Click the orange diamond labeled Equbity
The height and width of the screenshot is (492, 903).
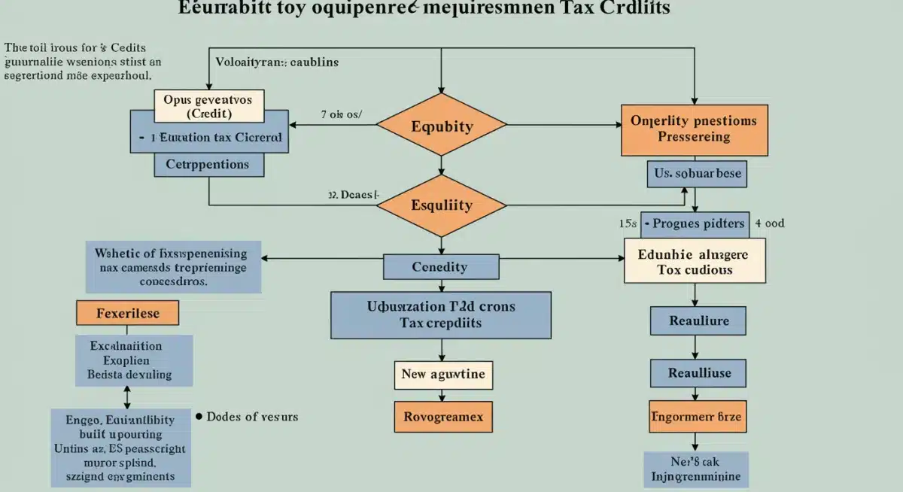coord(442,126)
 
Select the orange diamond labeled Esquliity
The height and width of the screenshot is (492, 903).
coord(442,205)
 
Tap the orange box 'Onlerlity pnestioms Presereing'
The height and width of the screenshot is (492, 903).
coord(694,129)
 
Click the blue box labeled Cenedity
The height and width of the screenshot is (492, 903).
coord(440,266)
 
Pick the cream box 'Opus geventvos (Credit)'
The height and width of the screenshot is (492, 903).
coord(208,106)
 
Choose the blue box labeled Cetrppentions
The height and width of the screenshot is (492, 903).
coord(208,164)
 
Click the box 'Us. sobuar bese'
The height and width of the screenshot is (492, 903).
coord(697,173)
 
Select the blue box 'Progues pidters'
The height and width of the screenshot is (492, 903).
coord(695,223)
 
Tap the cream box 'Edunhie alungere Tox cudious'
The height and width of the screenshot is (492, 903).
coord(694,261)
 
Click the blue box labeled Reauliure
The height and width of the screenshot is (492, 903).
coord(699,321)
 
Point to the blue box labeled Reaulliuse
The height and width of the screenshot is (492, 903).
coord(699,372)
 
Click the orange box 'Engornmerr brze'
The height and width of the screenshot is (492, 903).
coord(698,416)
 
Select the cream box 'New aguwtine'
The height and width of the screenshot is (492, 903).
coord(443,374)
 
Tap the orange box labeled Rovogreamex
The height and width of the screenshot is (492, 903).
coord(443,416)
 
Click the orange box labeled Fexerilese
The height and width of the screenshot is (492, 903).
coord(128,313)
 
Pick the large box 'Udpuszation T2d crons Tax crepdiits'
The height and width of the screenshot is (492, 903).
coord(440,314)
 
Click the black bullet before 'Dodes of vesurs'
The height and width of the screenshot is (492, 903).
coord(199,415)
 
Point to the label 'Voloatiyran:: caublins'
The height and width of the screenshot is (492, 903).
coord(276,62)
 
